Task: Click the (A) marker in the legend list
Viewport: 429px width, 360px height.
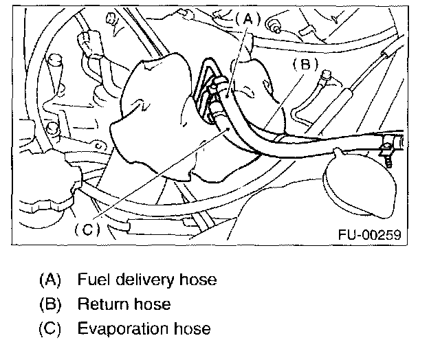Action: [x=50, y=280]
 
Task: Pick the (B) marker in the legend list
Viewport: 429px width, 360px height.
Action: [x=50, y=304]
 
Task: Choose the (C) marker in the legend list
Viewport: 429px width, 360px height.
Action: [x=50, y=329]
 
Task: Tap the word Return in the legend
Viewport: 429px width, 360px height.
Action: [x=100, y=304]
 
